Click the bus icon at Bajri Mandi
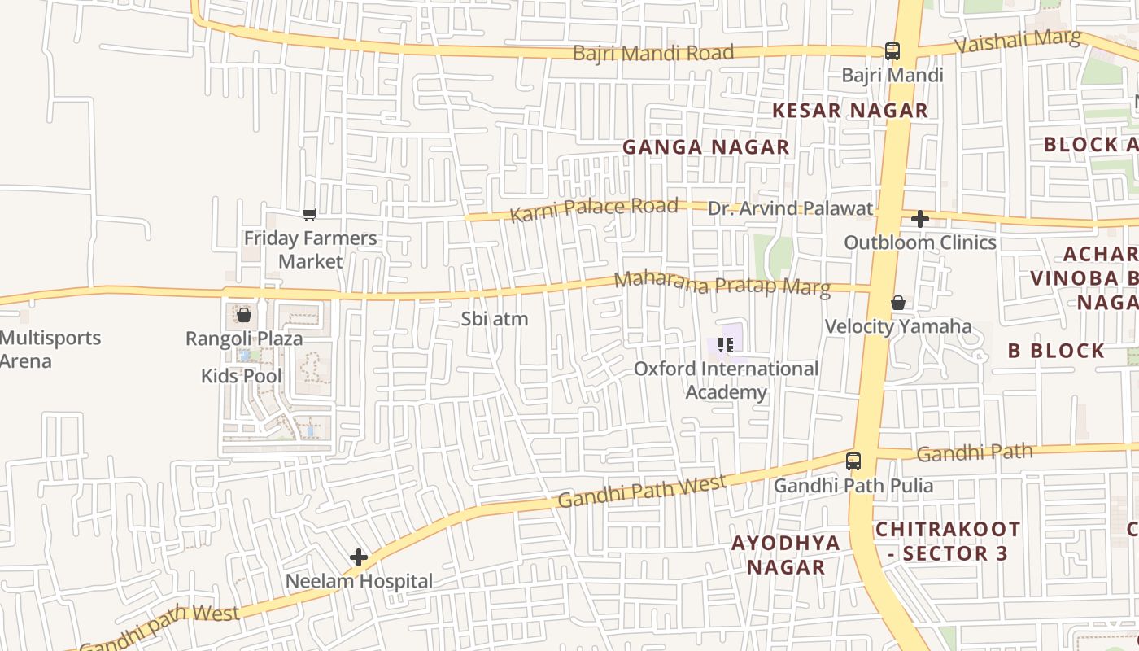tap(892, 51)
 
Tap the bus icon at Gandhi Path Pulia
tap(853, 461)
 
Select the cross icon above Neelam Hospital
tap(359, 557)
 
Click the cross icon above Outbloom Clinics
tap(920, 219)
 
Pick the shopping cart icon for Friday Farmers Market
tap(310, 214)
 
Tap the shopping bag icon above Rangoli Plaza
tap(243, 315)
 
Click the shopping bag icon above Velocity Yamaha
tap(898, 303)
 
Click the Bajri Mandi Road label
tap(653, 53)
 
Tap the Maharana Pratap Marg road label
tap(722, 283)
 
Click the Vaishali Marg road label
tap(1018, 41)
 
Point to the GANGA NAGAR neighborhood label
tap(705, 147)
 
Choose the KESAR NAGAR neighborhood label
tap(849, 111)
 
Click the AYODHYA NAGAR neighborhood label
tap(786, 555)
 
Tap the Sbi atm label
tap(495, 319)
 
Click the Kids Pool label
tap(242, 376)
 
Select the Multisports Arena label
tap(50, 349)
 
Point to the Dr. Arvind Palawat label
tap(790, 208)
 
